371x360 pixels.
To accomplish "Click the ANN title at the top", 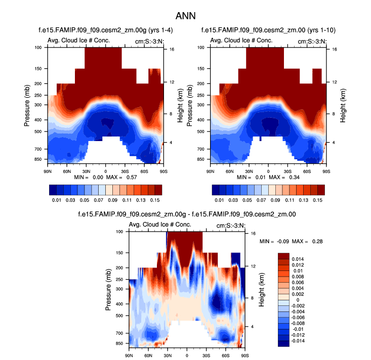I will (185, 16).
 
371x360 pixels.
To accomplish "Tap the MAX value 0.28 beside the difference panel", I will (317, 241).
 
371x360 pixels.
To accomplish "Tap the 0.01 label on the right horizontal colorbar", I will (219, 200).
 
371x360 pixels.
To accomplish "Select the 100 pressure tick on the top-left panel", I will (38, 48).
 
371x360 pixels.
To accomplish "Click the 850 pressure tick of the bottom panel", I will (119, 343).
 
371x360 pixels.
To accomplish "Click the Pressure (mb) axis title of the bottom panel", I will (110, 288).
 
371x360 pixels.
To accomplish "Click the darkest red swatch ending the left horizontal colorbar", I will (158, 190).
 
